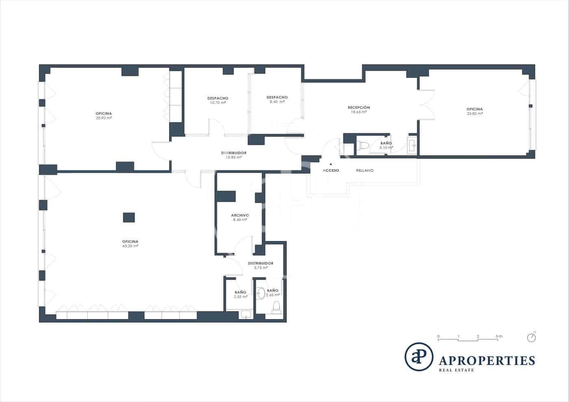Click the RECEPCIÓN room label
click(359, 107)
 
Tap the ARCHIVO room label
click(240, 215)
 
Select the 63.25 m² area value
click(130, 246)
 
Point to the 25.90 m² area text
click(104, 118)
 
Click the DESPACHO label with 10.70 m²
click(218, 98)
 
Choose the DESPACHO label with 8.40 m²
click(277, 97)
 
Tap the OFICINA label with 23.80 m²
click(475, 109)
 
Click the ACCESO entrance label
click(331, 170)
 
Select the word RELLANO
click(365, 170)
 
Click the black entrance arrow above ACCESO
click(331, 164)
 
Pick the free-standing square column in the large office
click(129, 217)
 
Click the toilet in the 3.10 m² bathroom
click(364, 145)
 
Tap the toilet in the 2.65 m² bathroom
click(276, 307)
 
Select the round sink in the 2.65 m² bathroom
click(261, 291)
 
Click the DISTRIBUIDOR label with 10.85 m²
click(234, 153)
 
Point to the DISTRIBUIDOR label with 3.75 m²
click(261, 263)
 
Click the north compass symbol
click(531, 337)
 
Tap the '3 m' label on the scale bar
click(499, 336)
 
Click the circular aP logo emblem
click(419, 357)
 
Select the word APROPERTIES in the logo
click(487, 360)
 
